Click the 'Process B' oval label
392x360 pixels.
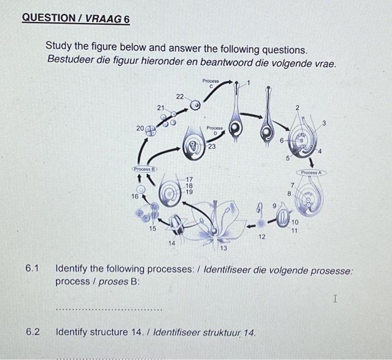[x=144, y=168]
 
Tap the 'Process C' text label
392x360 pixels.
[x=211, y=83]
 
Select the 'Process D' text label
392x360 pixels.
[x=214, y=130]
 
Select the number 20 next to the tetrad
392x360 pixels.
[x=139, y=128]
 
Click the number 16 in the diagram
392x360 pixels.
[x=135, y=197]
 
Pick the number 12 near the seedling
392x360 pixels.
[x=262, y=237]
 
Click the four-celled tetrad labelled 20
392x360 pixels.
[x=151, y=131]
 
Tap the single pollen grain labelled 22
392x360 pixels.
[x=195, y=105]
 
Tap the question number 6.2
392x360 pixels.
[x=32, y=332]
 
